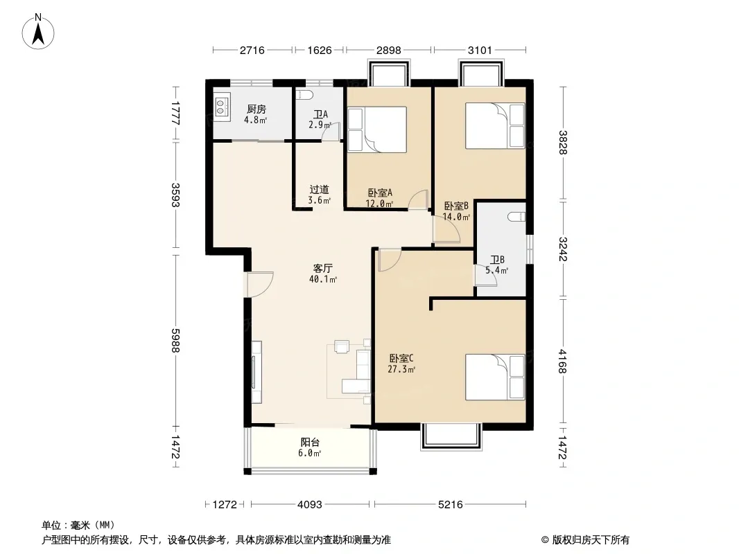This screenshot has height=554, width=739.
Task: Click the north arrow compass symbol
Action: (x=38, y=32)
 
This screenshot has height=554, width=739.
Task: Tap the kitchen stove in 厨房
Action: (x=222, y=107)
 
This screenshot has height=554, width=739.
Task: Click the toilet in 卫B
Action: (x=516, y=217)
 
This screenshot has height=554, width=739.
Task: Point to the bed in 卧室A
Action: (x=377, y=129)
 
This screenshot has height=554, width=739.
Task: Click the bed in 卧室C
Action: (x=495, y=377)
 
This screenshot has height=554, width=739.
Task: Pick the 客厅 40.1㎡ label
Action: (x=323, y=274)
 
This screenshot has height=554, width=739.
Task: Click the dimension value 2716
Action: (x=252, y=50)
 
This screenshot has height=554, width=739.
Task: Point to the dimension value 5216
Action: (x=450, y=505)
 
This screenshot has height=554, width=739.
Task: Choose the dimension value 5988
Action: (x=176, y=340)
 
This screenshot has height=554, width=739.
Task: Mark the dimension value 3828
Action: (x=563, y=142)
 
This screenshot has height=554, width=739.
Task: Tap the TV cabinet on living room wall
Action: (x=256, y=372)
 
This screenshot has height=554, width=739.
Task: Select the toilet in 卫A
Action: (x=304, y=95)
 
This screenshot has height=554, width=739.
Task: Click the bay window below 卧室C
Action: (x=451, y=437)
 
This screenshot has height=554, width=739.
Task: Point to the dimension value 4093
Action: (x=310, y=505)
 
